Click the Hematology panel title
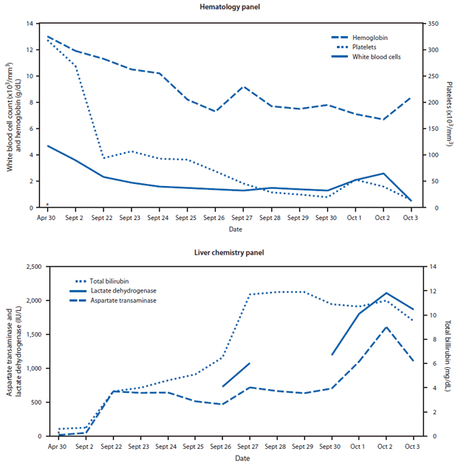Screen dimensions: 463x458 [x=229, y=7]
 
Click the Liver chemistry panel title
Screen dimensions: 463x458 [x=229, y=253]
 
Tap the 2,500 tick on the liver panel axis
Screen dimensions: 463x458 [x=33, y=267]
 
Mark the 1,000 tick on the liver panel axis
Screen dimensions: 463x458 [x=33, y=368]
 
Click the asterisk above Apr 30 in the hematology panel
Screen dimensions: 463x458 [x=47, y=205]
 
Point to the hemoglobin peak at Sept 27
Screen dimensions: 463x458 [x=242, y=86]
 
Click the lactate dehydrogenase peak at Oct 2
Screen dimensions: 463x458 [x=386, y=293]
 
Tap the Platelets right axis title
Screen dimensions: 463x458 [x=449, y=115]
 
